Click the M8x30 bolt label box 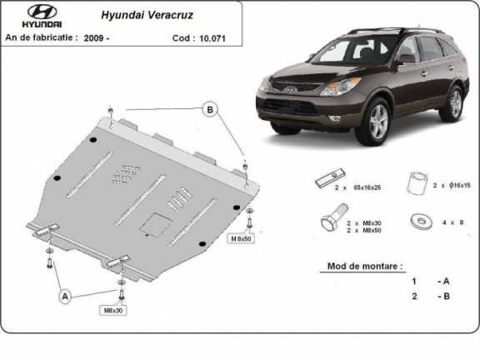pyautogui.click(x=113, y=311)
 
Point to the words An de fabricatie pyautogui.click(x=42, y=37)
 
